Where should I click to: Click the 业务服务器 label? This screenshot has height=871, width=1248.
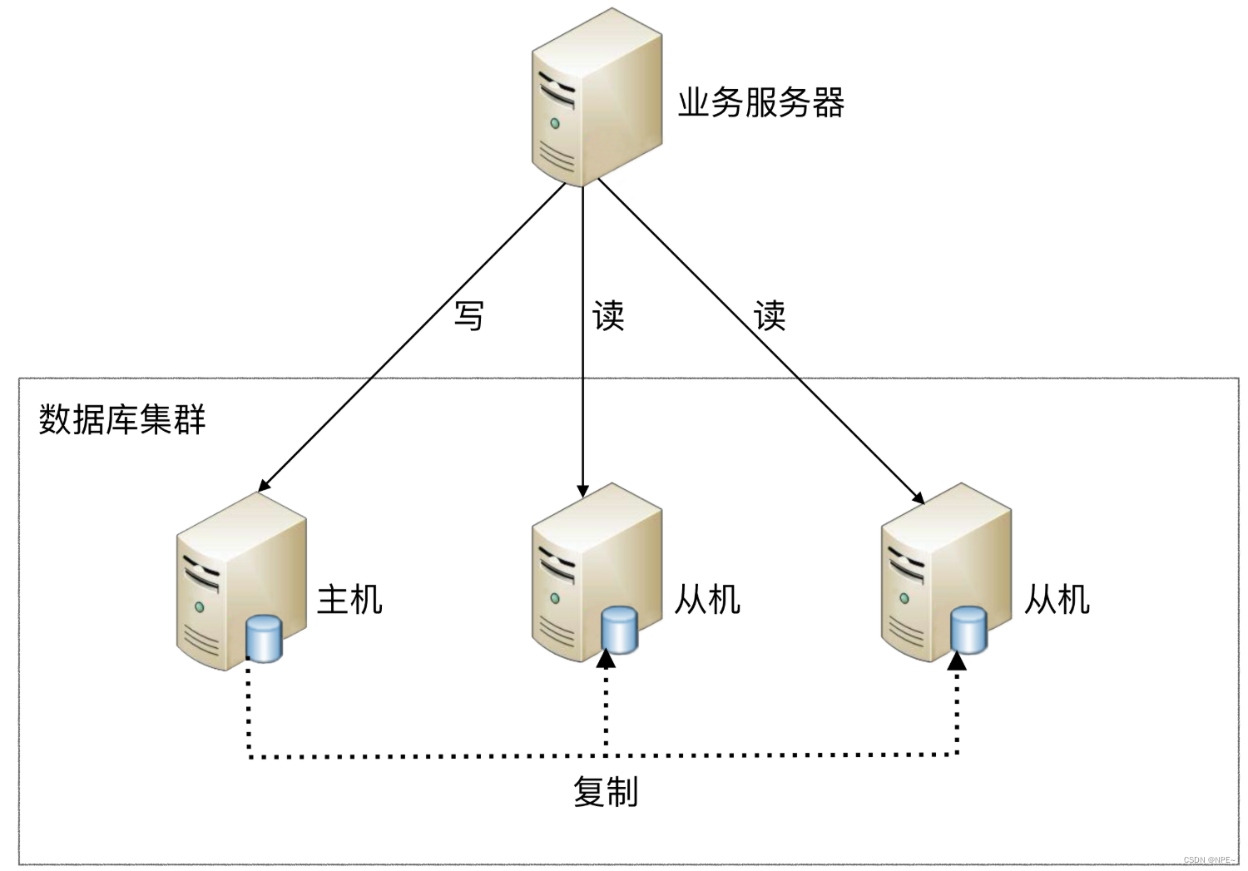pos(760,103)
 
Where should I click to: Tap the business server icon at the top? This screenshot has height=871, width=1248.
pos(597,98)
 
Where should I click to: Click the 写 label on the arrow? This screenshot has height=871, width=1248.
pos(469,316)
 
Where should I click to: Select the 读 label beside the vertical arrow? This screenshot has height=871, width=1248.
pos(608,316)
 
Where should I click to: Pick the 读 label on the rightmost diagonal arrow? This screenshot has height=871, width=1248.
pos(770,316)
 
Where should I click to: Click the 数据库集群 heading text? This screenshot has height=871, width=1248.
pos(122,419)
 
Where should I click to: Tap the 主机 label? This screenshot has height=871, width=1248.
pos(349,600)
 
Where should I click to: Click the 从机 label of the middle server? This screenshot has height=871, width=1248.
pos(707,600)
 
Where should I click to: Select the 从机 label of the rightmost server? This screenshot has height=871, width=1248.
pos(1057,600)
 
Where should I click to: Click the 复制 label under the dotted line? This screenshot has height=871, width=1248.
pos(606,792)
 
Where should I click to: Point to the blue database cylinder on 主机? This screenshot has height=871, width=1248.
pos(265,638)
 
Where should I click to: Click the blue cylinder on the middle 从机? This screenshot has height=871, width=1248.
pos(619,630)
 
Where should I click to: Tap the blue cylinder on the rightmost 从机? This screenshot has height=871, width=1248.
pos(969,630)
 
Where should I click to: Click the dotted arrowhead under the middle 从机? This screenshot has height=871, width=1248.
pos(606,660)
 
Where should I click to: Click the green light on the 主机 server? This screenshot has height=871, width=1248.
pos(199,606)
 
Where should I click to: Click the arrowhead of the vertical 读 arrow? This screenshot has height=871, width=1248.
pos(582,491)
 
